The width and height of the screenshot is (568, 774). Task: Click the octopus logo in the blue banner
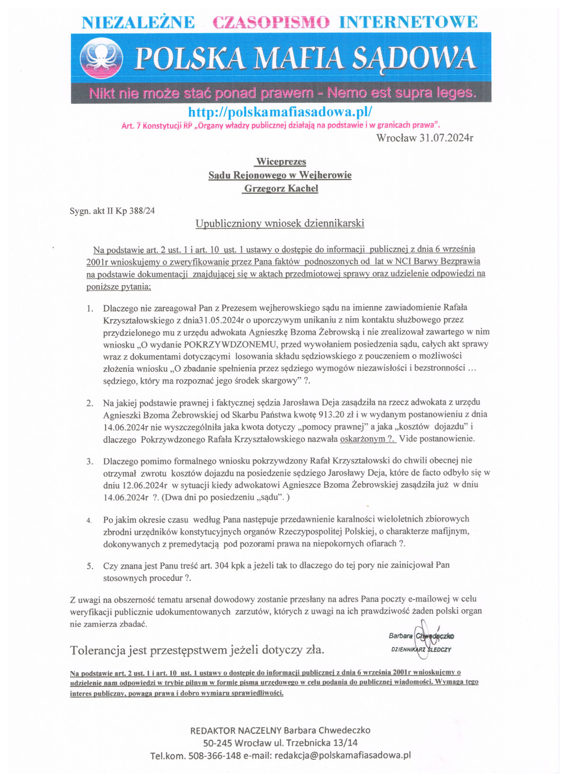[x=101, y=59]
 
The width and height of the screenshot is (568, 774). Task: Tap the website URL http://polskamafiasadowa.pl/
[x=280, y=112]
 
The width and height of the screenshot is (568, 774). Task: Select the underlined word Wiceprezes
[x=281, y=162]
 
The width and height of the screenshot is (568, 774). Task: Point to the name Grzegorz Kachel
[x=281, y=189]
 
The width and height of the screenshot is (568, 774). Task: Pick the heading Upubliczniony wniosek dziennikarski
[x=280, y=223]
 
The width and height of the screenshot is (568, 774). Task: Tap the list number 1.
[x=89, y=308]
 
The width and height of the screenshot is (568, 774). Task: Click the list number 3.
[x=89, y=461]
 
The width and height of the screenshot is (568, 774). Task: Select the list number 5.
[x=89, y=566]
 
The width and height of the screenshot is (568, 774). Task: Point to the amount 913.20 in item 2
[x=331, y=414]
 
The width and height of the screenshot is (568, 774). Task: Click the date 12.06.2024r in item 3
[x=145, y=485]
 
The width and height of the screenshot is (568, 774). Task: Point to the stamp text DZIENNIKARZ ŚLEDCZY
[x=421, y=649]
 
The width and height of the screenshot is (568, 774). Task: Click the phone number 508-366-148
[x=214, y=755]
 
